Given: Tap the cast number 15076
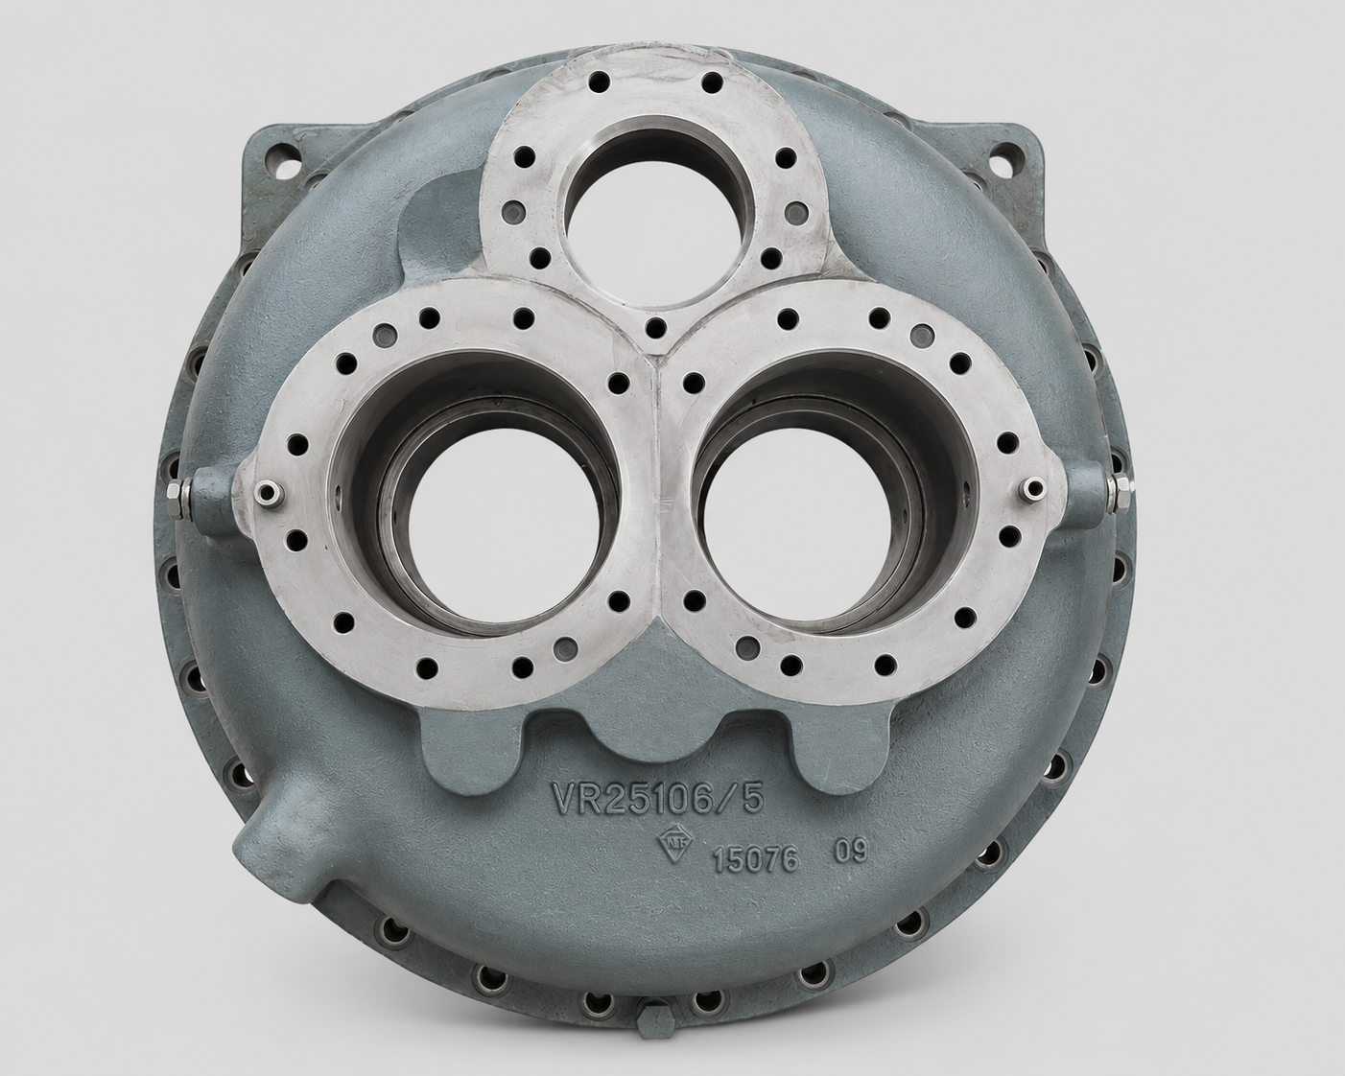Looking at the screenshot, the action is point(756,860).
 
